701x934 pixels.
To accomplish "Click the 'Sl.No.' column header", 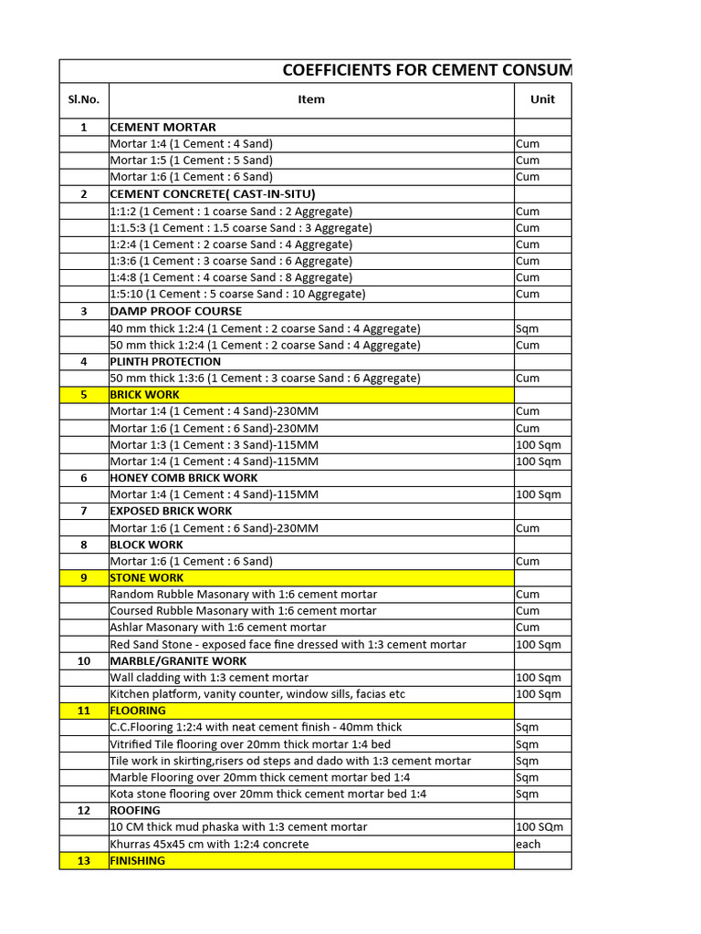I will [x=84, y=99].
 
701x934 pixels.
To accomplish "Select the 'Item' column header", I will [x=311, y=99].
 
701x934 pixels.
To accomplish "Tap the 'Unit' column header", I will [x=542, y=99].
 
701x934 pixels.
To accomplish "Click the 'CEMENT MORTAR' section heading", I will [x=163, y=127].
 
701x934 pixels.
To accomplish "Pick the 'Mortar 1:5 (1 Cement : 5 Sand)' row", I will [x=191, y=161].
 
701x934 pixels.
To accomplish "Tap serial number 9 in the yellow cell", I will [x=84, y=577].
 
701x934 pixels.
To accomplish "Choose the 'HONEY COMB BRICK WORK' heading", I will [x=183, y=478].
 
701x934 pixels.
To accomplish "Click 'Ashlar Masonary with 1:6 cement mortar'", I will [x=218, y=628].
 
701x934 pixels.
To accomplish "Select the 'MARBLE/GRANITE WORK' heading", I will [x=178, y=660].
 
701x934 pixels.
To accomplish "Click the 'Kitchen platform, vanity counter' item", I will [x=257, y=694].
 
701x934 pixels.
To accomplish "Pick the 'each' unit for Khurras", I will [x=528, y=844].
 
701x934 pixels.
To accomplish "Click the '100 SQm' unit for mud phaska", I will [x=539, y=827].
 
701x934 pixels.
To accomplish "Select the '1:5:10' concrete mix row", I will [x=237, y=294].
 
